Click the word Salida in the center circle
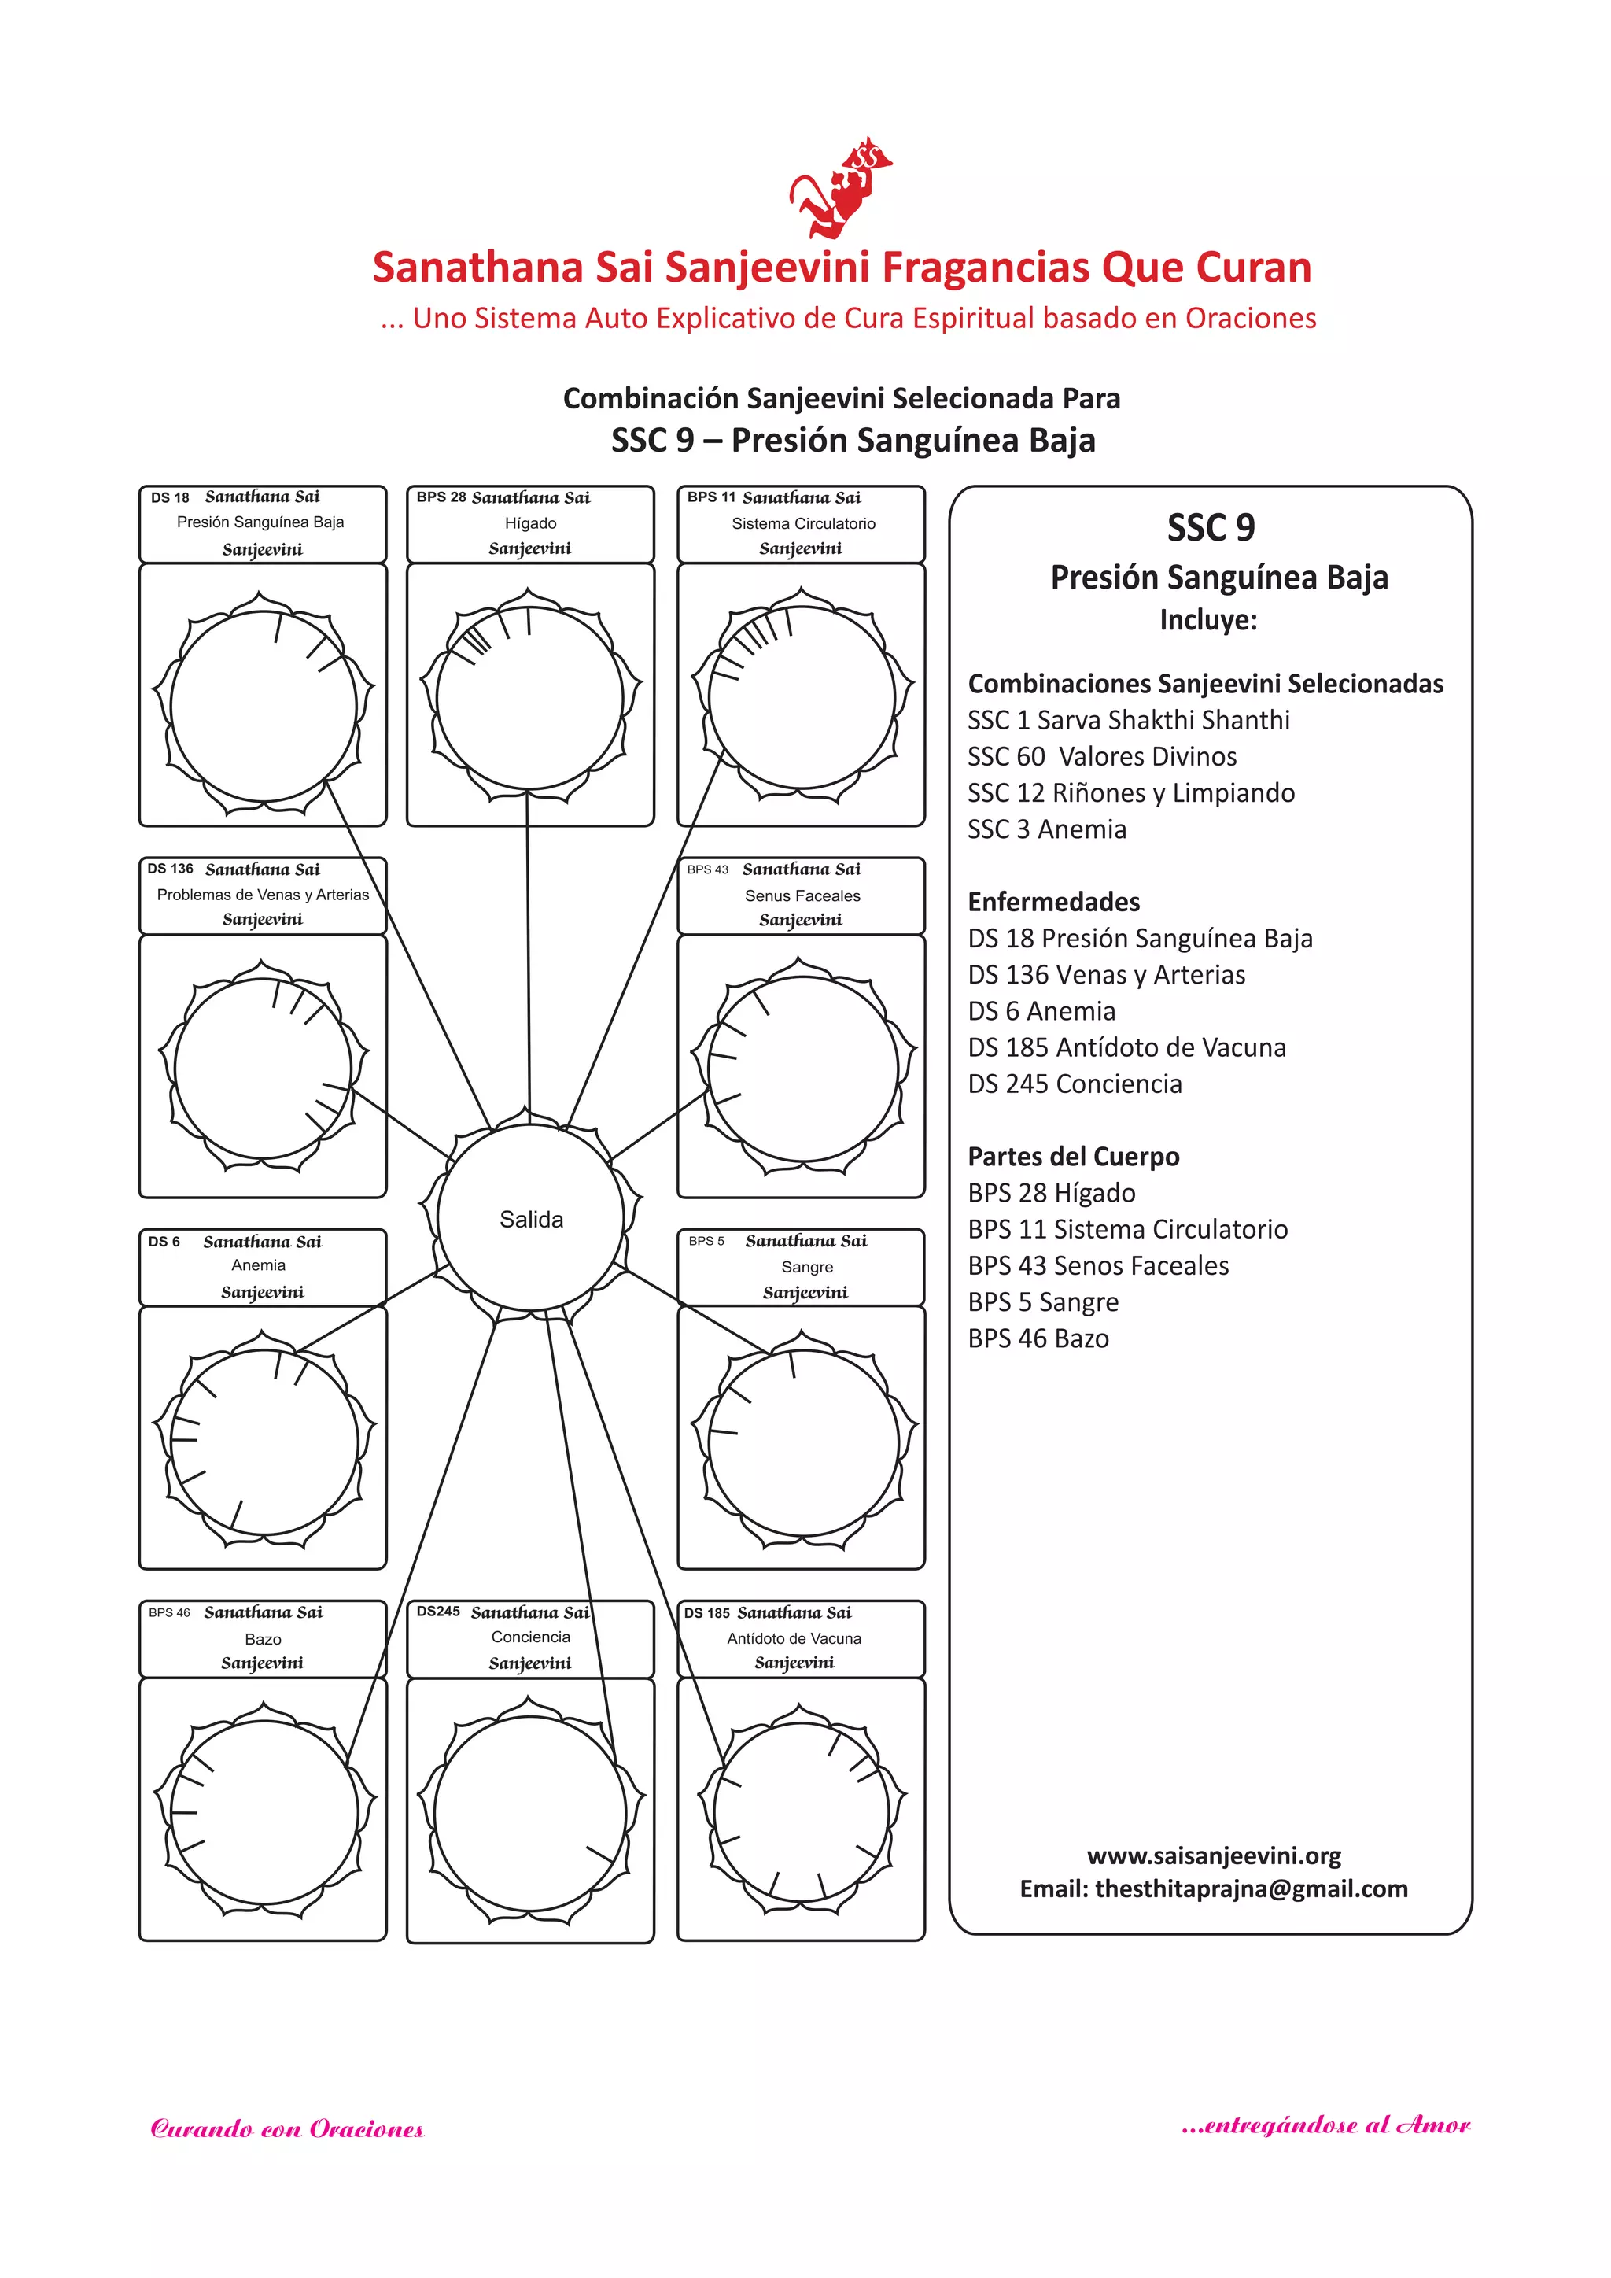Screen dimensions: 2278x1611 (531, 1220)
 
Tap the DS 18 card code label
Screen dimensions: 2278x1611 (170, 497)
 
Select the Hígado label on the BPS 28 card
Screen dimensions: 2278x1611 (531, 522)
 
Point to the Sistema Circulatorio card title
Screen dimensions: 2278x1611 (803, 522)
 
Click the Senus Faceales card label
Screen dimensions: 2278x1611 (802, 895)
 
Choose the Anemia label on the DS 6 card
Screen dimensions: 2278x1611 (258, 1265)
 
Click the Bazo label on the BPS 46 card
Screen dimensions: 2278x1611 (263, 1639)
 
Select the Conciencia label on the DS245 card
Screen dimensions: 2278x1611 (531, 1637)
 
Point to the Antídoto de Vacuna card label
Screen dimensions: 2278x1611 (794, 1638)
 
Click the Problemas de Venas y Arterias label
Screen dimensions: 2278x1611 (263, 894)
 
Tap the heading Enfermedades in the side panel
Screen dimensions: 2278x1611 (1053, 902)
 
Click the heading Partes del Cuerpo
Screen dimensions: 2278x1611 (1073, 1157)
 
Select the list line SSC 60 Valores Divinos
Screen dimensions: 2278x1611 (1102, 757)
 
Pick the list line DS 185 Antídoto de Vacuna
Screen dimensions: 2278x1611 (1127, 1047)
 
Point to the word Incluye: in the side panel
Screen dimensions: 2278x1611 (1208, 620)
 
